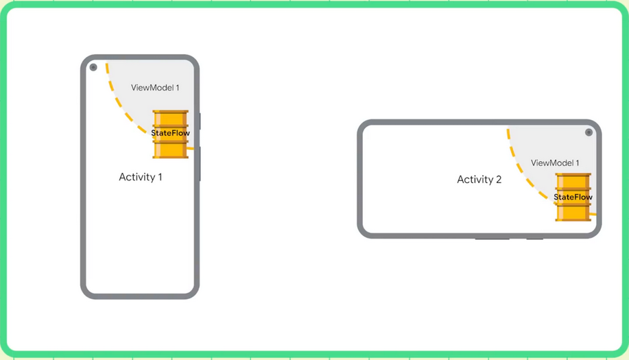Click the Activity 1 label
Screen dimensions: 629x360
click(141, 177)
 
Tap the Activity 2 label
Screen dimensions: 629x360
click(479, 180)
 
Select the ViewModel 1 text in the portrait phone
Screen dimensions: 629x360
click(155, 88)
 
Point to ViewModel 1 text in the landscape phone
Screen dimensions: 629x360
click(555, 163)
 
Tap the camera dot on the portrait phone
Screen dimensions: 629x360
click(93, 67)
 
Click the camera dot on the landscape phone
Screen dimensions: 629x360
click(589, 132)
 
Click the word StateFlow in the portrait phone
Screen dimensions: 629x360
click(170, 133)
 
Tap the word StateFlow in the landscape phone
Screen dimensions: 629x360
click(573, 197)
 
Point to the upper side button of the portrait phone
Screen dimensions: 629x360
click(200, 121)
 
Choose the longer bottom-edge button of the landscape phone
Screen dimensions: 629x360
click(492, 239)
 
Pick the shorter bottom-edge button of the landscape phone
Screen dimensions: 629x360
click(535, 239)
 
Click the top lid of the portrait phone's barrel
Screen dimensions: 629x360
click(170, 112)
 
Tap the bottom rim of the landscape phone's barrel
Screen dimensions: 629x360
click(573, 219)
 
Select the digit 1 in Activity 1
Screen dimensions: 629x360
click(160, 177)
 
